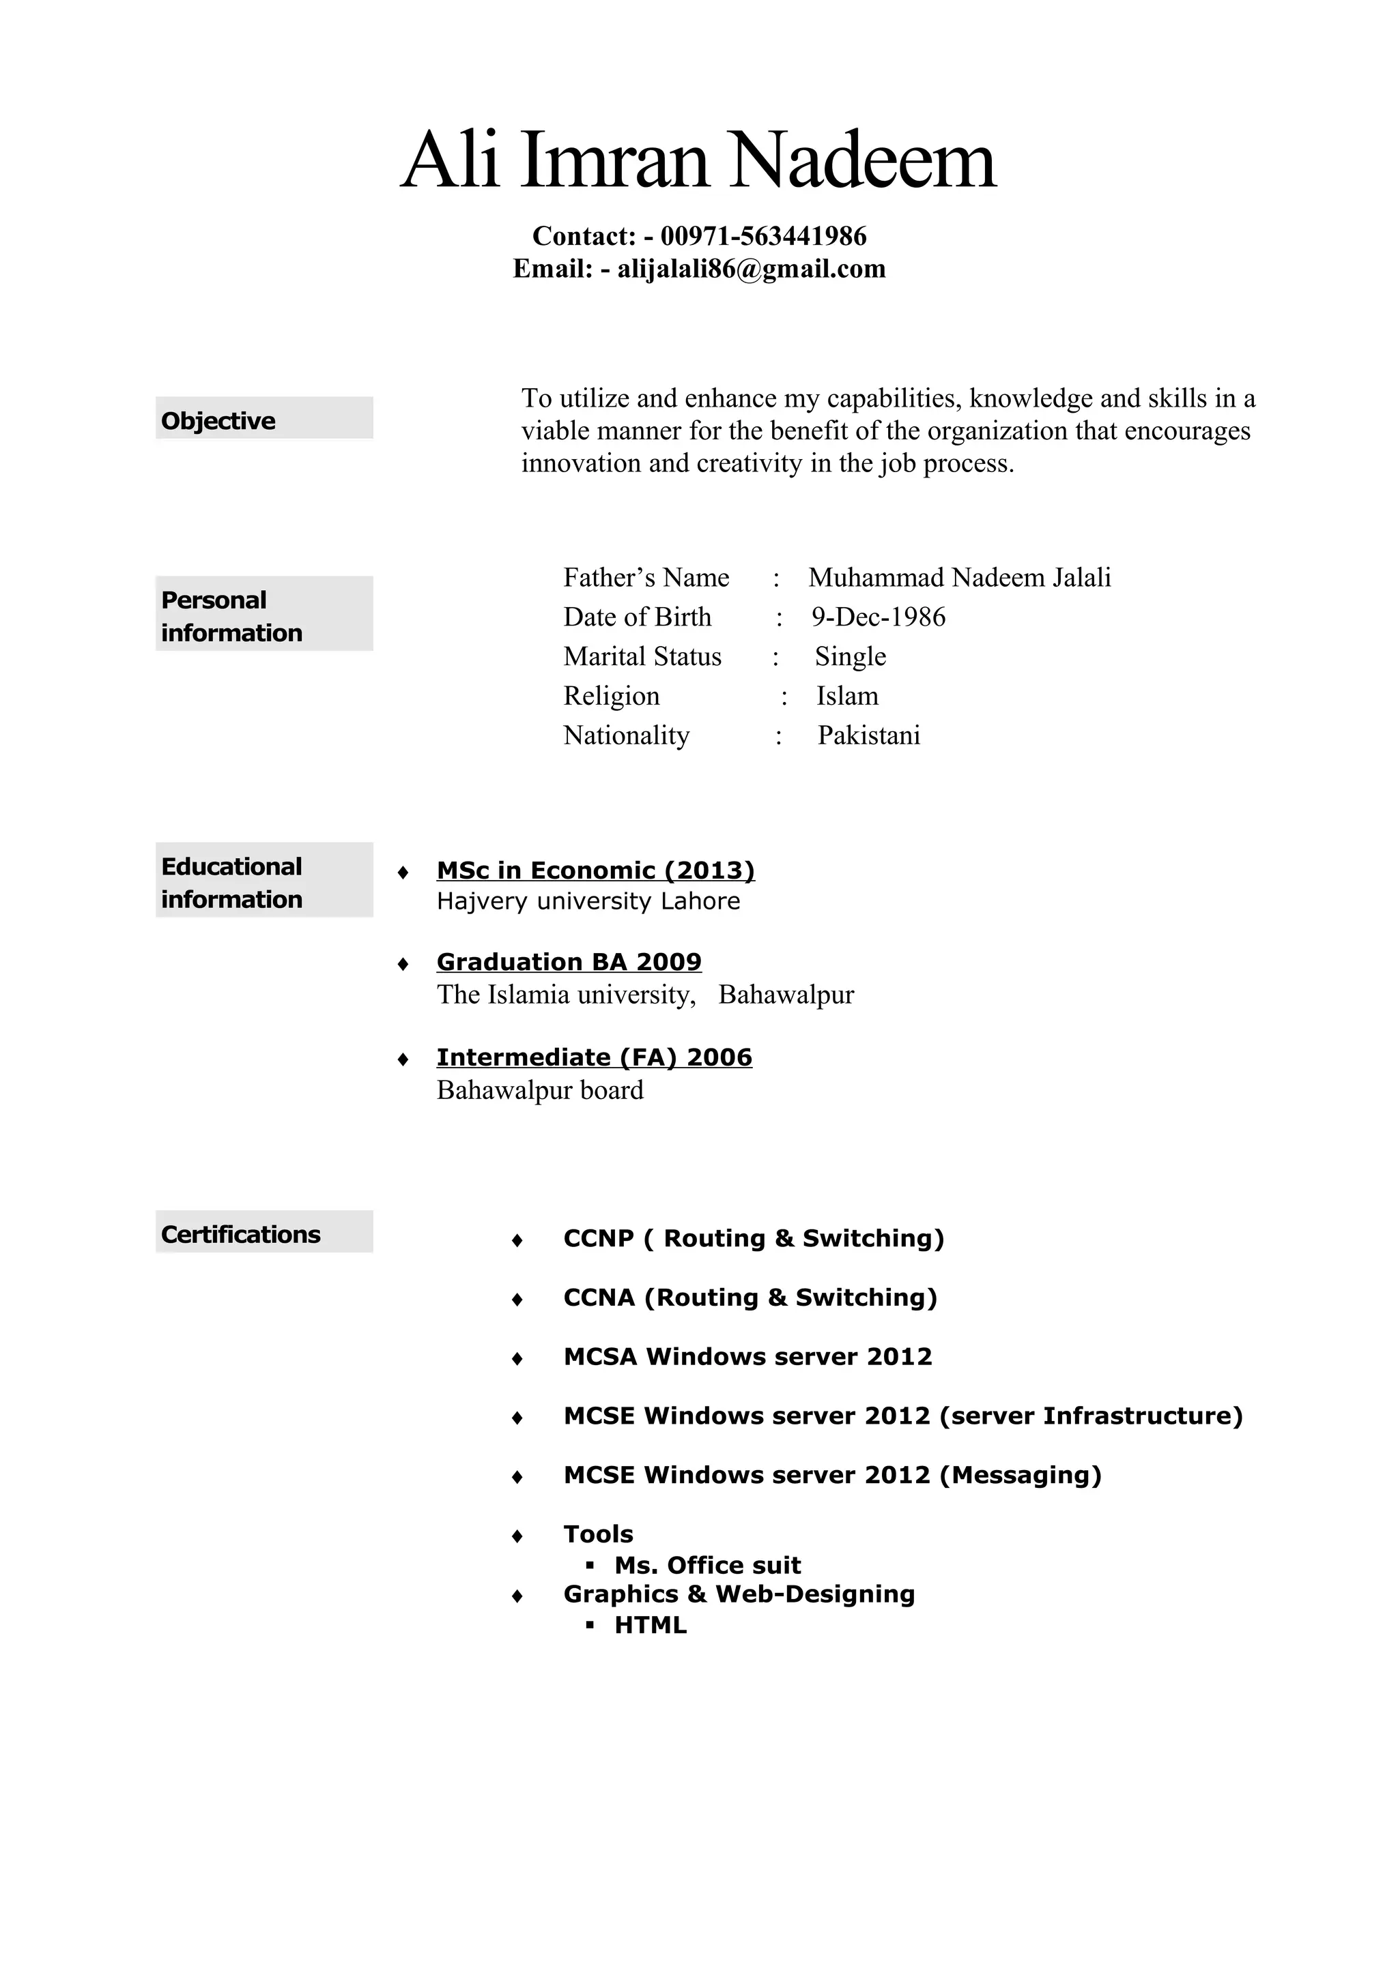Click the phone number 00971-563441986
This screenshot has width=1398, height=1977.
763,236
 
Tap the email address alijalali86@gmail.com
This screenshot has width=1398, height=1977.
751,269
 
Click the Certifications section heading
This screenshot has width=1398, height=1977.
240,1234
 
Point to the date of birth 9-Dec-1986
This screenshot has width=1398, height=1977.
878,617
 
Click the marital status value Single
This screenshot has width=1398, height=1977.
850,656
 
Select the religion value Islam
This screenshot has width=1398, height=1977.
848,696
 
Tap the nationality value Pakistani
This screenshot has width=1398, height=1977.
868,735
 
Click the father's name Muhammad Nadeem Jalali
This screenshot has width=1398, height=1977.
960,577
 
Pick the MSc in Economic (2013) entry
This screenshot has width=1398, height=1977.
595,870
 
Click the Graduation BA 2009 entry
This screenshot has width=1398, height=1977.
569,961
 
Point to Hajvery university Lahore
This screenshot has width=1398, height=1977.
588,902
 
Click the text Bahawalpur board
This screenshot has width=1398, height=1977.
540,1090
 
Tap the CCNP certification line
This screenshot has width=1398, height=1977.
754,1238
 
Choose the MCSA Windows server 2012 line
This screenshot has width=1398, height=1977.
747,1356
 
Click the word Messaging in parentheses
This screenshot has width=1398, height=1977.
1020,1475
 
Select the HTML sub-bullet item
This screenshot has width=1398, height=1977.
651,1625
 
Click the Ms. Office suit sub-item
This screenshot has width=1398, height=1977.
707,1566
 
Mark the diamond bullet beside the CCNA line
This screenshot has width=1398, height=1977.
517,1300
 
